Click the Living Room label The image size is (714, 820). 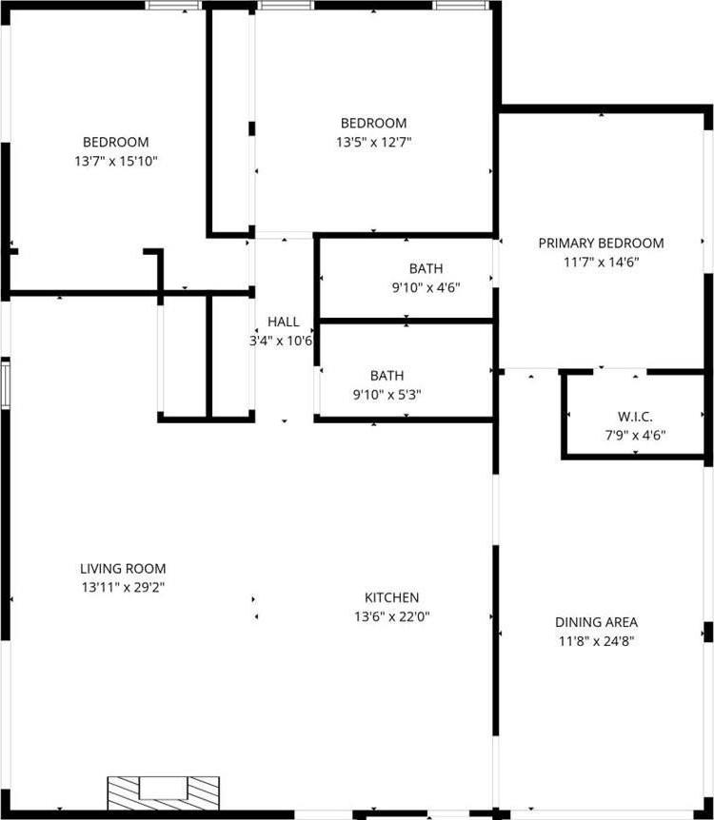point(123,569)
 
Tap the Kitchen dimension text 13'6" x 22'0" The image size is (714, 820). point(391,616)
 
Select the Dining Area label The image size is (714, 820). point(596,622)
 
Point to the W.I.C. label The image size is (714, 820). point(635,417)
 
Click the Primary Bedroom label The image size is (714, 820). point(601,244)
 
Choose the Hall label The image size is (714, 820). point(283,322)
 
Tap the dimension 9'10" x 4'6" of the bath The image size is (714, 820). point(426,287)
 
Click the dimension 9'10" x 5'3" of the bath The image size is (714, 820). point(387,395)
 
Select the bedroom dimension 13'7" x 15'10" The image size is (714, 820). point(116,161)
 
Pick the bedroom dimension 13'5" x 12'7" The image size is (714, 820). point(374,143)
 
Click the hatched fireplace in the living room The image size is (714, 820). point(164,792)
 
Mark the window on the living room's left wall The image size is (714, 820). point(5,384)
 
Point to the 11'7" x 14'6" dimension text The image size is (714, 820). point(601,262)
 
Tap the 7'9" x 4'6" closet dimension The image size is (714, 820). point(635,435)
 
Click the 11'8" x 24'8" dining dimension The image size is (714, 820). point(596,641)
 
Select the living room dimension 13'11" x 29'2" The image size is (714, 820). point(123,587)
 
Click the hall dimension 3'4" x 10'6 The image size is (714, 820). point(281,341)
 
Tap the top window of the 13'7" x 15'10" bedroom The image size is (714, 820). point(173,5)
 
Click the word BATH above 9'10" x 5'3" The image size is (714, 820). point(387,376)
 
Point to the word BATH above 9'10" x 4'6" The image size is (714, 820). point(426,269)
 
